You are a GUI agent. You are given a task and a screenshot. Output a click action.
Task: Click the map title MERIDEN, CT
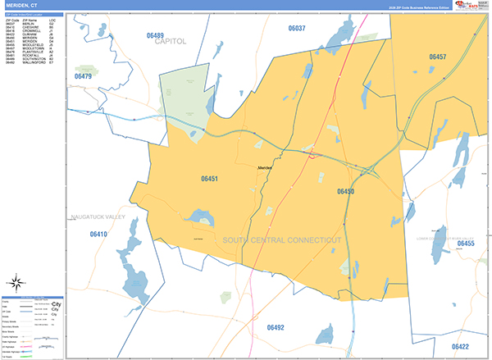pyautogui.click(x=22, y=6)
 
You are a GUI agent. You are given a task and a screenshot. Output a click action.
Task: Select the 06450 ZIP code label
pyautogui.click(x=345, y=190)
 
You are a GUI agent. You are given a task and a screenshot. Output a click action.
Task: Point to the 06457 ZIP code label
pyautogui.click(x=437, y=57)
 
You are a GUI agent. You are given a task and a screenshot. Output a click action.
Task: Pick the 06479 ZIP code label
pyautogui.click(x=83, y=76)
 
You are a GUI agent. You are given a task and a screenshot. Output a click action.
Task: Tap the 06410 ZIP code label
pyautogui.click(x=98, y=235)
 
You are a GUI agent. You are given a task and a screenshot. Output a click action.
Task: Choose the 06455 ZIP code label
pyautogui.click(x=465, y=244)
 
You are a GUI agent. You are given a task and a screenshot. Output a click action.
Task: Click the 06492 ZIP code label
pyautogui.click(x=276, y=327)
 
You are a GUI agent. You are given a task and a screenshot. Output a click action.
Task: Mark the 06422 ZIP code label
pyautogui.click(x=460, y=347)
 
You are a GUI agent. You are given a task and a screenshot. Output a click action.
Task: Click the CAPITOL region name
pyautogui.click(x=171, y=41)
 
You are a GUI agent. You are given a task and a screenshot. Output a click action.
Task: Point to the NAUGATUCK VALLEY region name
pyautogui.click(x=97, y=216)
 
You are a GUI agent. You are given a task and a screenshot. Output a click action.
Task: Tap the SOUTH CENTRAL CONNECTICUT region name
pyautogui.click(x=281, y=239)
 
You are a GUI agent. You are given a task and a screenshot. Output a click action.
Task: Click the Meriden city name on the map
pyautogui.click(x=265, y=167)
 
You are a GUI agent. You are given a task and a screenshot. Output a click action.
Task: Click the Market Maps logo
pyautogui.click(x=451, y=6)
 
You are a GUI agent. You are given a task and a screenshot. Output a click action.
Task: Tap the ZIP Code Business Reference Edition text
pyautogui.click(x=409, y=7)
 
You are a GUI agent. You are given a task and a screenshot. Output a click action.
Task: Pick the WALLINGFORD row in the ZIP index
pyautogui.click(x=33, y=63)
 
